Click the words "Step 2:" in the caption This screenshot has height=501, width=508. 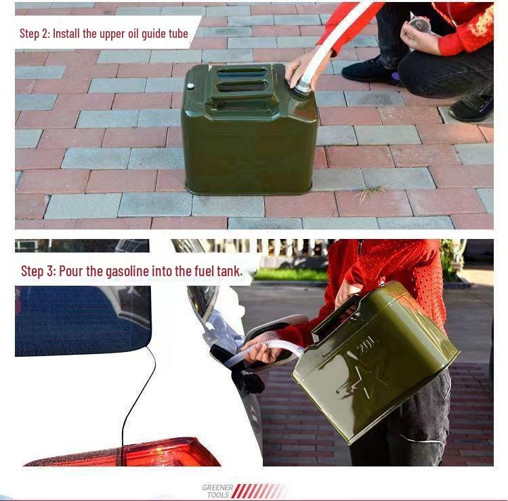tap(35, 33)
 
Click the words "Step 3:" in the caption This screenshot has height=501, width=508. tap(39, 271)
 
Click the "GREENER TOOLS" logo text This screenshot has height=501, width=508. tap(217, 491)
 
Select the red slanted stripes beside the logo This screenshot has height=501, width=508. tap(260, 491)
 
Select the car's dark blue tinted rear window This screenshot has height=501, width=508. tap(81, 318)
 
